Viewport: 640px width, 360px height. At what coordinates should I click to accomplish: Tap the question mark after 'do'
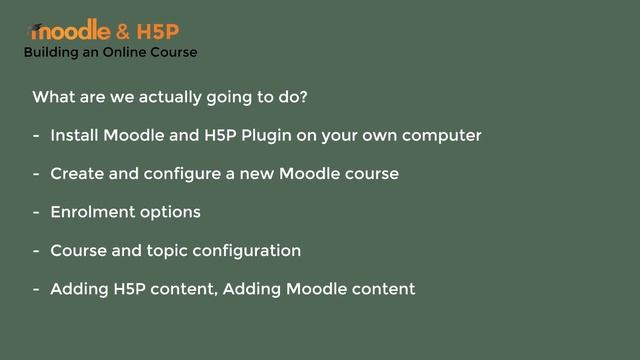(303, 98)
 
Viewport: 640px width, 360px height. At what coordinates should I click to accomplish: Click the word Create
(76, 174)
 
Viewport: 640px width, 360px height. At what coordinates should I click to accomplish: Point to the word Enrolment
(90, 212)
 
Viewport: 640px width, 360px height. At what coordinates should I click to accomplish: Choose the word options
(168, 212)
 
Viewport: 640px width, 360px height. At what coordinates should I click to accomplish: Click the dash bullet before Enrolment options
(36, 212)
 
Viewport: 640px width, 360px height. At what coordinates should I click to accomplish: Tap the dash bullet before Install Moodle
(36, 135)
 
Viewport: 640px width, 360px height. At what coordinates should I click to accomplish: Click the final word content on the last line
(382, 290)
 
